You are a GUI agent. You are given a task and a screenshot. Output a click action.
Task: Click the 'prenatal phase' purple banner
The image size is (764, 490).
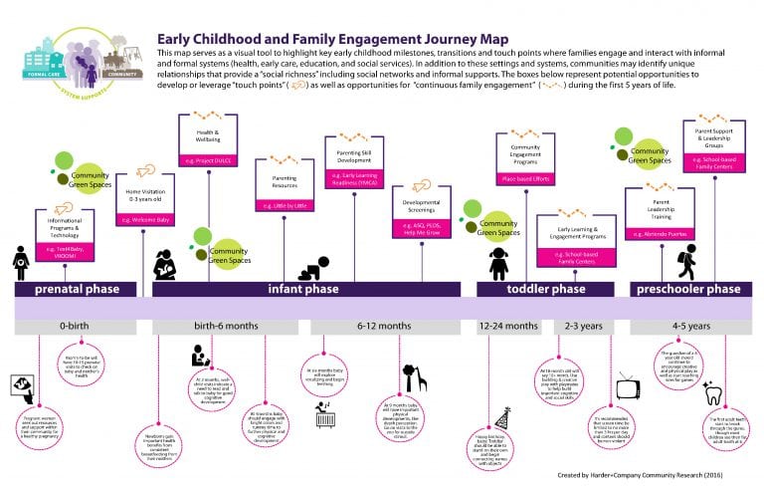[77, 289]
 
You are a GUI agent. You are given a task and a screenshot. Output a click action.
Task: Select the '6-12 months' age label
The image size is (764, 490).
[382, 326]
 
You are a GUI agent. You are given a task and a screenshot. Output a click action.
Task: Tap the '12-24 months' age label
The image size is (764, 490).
[508, 326]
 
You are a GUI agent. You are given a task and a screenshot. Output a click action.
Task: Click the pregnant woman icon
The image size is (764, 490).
[21, 262]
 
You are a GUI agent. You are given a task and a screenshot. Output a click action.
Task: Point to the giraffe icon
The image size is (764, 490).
[415, 377]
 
